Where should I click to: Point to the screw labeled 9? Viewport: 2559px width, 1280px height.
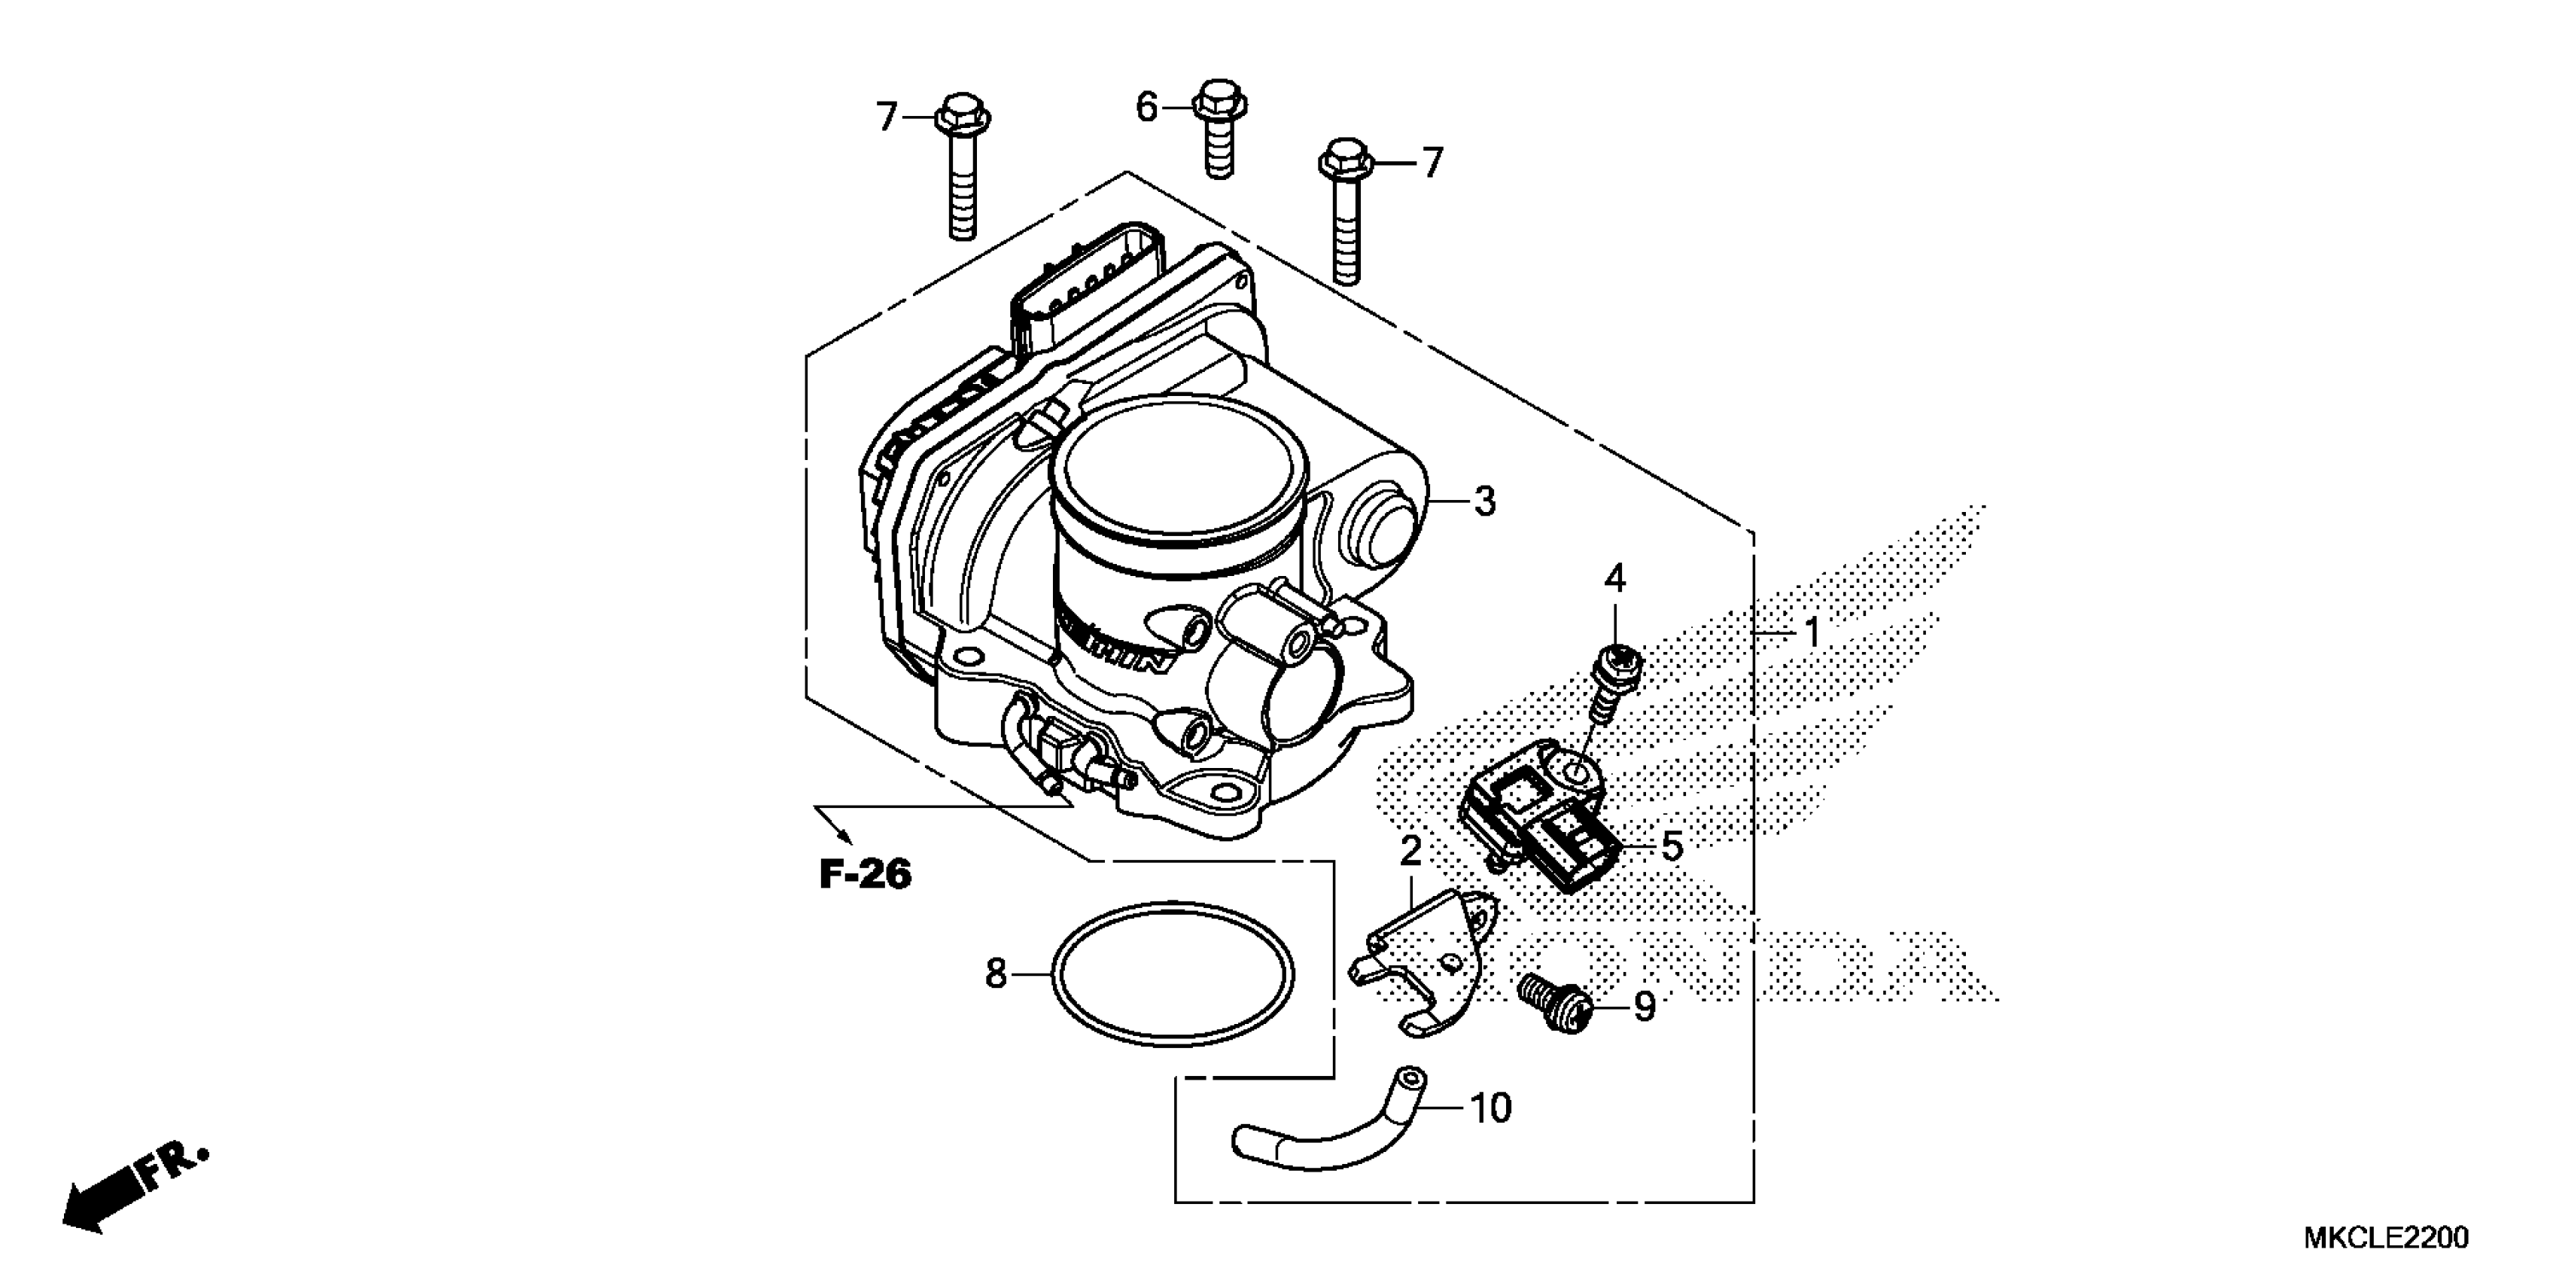point(1556,1004)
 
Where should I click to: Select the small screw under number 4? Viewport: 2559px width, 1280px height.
point(1611,683)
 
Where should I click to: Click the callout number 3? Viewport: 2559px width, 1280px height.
point(1484,502)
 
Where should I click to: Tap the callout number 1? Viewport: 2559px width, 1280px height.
point(1812,632)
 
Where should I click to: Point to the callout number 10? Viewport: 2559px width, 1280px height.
point(1490,1107)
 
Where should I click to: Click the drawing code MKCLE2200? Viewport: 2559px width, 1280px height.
point(2384,1237)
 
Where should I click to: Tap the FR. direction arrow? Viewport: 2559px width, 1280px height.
point(134,1190)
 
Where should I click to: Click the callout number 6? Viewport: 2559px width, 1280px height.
point(1146,106)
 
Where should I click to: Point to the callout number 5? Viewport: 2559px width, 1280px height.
point(1672,847)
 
